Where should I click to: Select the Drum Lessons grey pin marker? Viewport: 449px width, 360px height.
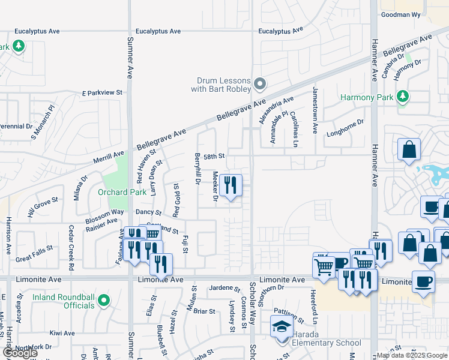259,84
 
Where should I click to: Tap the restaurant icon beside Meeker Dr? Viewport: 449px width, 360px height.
231,186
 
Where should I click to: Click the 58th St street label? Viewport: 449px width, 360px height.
214,156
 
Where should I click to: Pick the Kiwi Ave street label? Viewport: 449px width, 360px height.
62,332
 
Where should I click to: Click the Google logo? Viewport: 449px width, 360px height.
20,353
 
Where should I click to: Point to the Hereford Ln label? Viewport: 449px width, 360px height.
313,305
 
